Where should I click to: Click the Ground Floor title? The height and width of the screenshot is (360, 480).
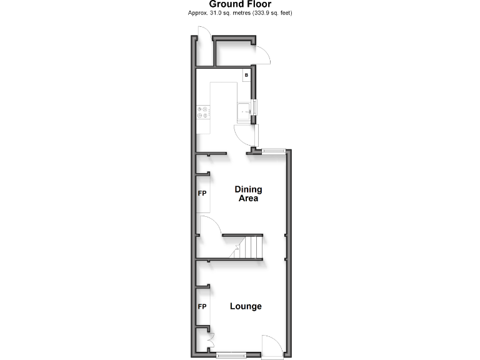click(x=240, y=4)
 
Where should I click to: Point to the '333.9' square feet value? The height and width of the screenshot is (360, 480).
click(x=262, y=13)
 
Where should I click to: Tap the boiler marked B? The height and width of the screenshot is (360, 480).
click(x=246, y=76)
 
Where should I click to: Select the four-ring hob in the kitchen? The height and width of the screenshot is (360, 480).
click(x=204, y=112)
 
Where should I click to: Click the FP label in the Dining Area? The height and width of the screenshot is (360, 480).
click(x=202, y=194)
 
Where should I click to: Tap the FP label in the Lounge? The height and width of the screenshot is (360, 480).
click(x=202, y=307)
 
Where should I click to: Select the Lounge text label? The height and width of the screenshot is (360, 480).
click(x=246, y=306)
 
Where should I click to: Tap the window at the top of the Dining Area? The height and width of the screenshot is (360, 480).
click(x=274, y=150)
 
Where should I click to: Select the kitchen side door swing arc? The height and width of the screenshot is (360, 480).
click(x=244, y=135)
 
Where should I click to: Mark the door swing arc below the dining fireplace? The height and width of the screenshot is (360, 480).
click(x=210, y=224)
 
